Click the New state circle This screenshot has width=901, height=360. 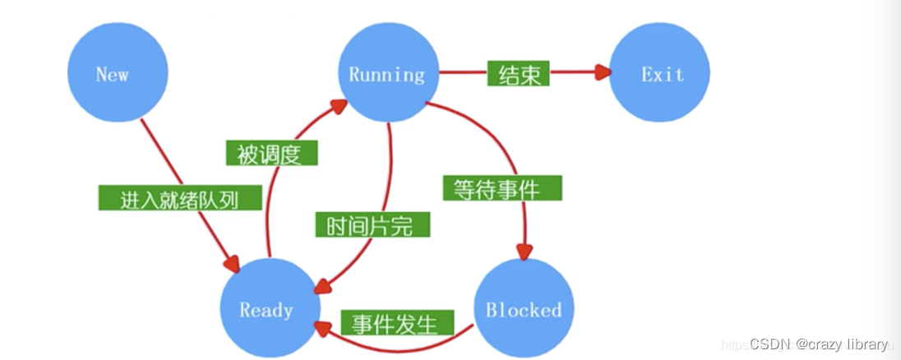pyautogui.click(x=117, y=73)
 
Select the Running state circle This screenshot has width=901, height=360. pyautogui.click(x=387, y=73)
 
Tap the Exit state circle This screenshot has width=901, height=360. pyautogui.click(x=659, y=73)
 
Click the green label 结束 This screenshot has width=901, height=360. pyautogui.click(x=518, y=75)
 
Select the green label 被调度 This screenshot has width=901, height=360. pyautogui.click(x=270, y=153)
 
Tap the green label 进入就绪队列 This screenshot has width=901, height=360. pyautogui.click(x=179, y=199)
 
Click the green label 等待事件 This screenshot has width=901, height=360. pyautogui.click(x=502, y=188)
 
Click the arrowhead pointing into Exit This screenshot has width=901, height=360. pyautogui.click(x=604, y=72)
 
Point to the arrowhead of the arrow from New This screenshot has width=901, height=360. pyautogui.click(x=232, y=265)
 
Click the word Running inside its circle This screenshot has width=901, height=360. pyautogui.click(x=387, y=75)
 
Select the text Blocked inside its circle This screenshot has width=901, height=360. pyautogui.click(x=524, y=310)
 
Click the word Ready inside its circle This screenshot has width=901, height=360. pyautogui.click(x=266, y=310)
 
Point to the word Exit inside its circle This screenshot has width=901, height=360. pyautogui.click(x=663, y=75)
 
